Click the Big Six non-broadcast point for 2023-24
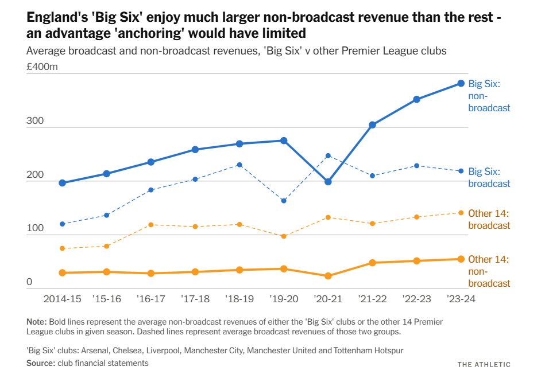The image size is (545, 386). (461, 83)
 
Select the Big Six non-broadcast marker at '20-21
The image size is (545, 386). (328, 182)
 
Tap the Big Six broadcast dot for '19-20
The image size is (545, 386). (284, 201)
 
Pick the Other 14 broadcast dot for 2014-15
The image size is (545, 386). (62, 248)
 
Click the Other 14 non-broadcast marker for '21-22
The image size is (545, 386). (372, 263)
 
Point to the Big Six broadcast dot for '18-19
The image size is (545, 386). (239, 165)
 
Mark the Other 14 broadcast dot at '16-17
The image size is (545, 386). (150, 224)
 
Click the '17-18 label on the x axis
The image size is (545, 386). (195, 299)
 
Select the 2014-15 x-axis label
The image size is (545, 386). (63, 299)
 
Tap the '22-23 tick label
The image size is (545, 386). (416, 299)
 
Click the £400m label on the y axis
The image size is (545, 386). (42, 67)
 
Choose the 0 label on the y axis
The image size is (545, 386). (30, 282)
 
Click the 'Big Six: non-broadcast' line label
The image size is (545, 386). (489, 95)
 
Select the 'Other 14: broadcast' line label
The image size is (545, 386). (489, 219)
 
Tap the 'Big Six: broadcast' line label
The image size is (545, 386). (489, 177)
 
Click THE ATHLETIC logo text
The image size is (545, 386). (484, 364)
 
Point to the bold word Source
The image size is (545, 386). (39, 363)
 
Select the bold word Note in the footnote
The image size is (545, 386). (36, 321)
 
